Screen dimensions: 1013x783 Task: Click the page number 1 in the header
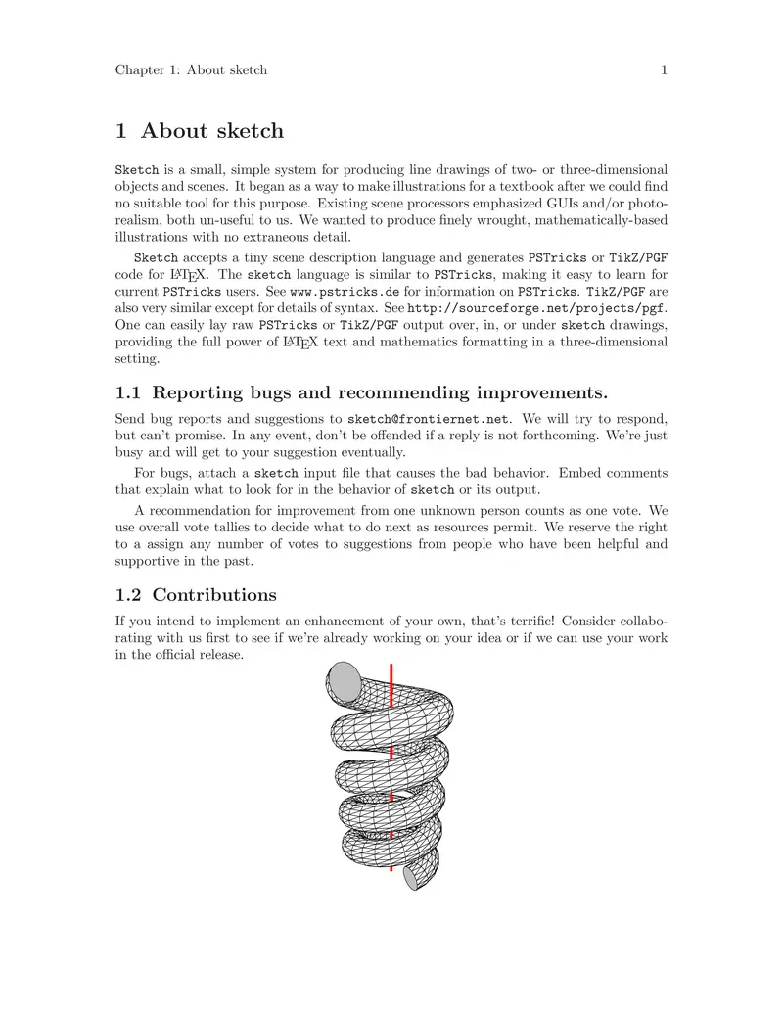(x=664, y=69)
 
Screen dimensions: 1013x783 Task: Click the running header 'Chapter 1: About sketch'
(x=191, y=69)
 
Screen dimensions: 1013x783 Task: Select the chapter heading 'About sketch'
(x=212, y=130)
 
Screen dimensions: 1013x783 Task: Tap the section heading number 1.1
(x=128, y=393)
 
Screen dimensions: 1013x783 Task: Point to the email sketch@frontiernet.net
(x=429, y=420)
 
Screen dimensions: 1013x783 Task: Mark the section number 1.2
(x=128, y=595)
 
